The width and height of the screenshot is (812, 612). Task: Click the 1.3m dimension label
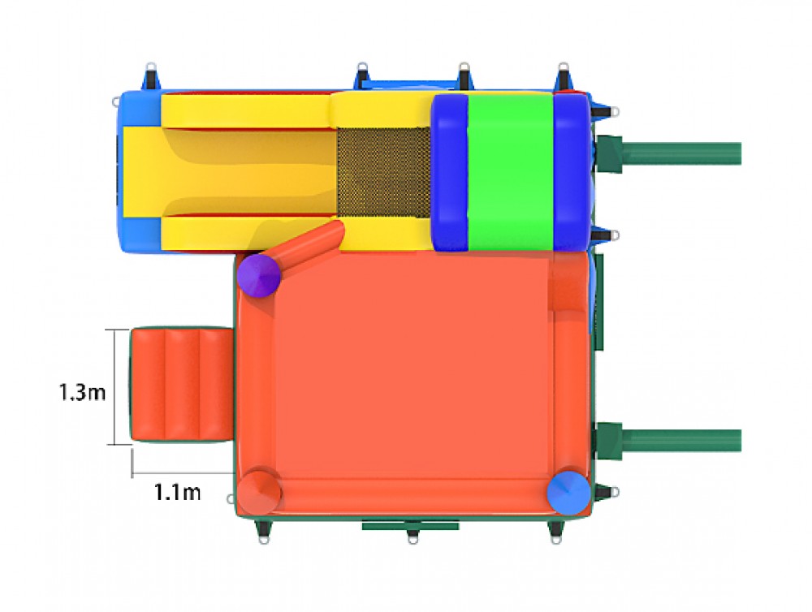82,392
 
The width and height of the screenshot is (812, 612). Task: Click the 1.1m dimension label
177,492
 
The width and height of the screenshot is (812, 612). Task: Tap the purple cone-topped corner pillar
259,275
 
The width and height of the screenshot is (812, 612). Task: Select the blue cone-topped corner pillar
568,493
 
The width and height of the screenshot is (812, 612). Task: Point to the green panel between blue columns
510,172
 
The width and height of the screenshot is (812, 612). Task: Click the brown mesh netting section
384,172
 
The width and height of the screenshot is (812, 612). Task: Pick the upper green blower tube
669,153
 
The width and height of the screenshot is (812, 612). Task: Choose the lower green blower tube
669,441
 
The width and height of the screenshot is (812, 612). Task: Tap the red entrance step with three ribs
181,384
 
